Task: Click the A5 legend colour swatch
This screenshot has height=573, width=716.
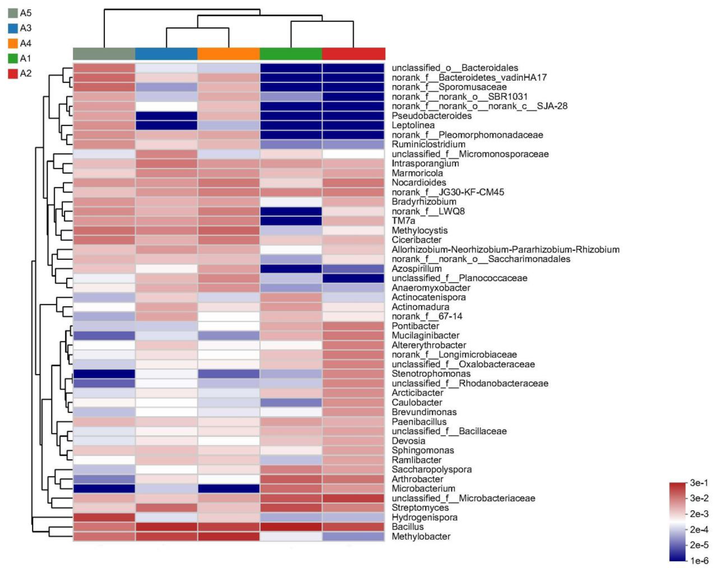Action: click(x=13, y=13)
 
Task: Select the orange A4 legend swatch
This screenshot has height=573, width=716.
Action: click(x=13, y=43)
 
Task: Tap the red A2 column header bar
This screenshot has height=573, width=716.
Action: click(x=354, y=54)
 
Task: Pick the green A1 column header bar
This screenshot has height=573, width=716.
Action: click(x=291, y=54)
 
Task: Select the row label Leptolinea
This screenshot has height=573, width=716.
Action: click(x=413, y=125)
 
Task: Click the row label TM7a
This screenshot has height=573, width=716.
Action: click(x=403, y=221)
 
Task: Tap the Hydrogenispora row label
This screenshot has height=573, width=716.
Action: click(x=424, y=517)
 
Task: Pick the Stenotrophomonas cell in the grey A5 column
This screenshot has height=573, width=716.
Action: click(x=104, y=374)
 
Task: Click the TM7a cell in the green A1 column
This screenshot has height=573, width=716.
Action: click(x=291, y=221)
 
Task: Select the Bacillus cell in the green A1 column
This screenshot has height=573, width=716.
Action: click(x=291, y=527)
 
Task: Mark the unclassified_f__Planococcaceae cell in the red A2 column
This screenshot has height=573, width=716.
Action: click(x=354, y=278)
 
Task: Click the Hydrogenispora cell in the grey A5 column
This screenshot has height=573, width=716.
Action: click(x=104, y=517)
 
